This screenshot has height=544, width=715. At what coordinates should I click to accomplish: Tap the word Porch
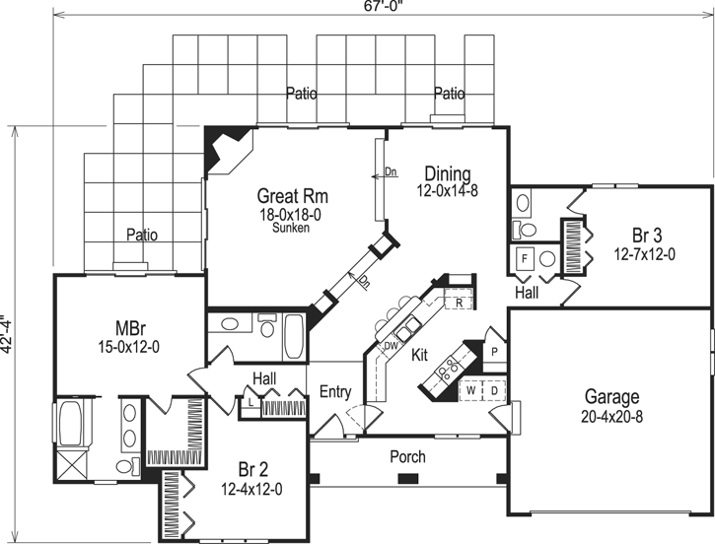click(406, 456)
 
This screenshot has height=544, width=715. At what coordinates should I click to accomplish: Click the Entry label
click(335, 391)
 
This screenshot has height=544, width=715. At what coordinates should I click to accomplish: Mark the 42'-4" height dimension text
click(10, 335)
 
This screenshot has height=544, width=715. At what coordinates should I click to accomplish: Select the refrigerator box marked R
click(460, 302)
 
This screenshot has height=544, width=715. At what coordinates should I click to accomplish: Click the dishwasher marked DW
click(391, 346)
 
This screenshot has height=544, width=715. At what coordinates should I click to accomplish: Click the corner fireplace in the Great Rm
click(221, 147)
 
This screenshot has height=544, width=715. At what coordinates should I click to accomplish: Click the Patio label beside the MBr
click(142, 236)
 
